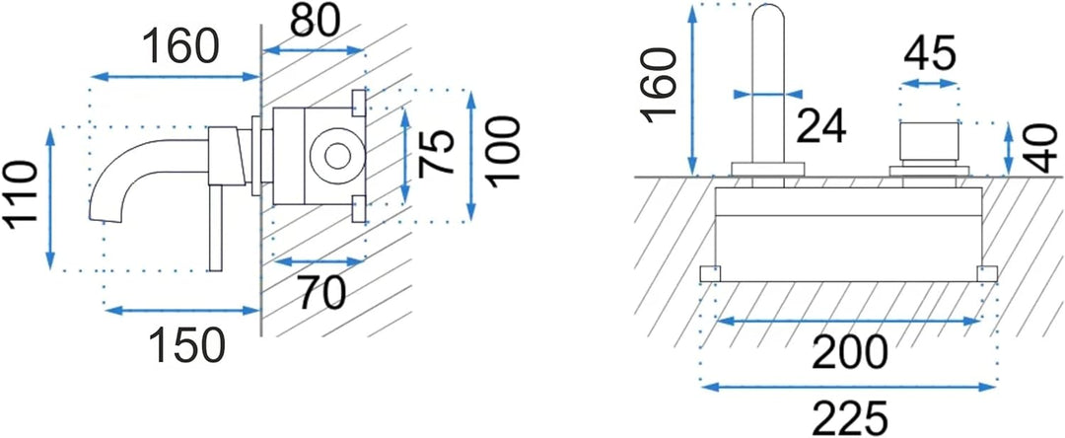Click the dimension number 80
[x=315, y=23]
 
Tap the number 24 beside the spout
[x=821, y=126]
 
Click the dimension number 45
[x=929, y=53]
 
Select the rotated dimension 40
[x=1046, y=148]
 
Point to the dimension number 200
[x=849, y=352]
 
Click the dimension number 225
[x=849, y=418]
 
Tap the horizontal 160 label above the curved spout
[x=180, y=46]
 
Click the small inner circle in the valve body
[x=335, y=157]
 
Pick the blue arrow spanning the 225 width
[x=849, y=387]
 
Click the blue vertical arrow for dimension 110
[x=49, y=198]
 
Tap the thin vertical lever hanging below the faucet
[x=215, y=227]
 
